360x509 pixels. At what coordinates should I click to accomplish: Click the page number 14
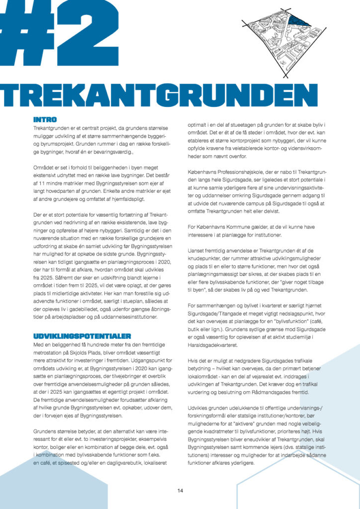coord(180,491)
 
